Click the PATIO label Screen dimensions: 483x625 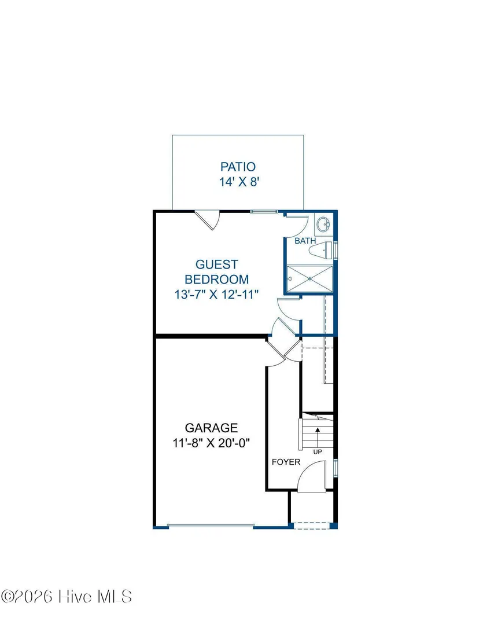238,167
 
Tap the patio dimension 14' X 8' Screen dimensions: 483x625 239,182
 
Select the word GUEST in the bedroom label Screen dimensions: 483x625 217,264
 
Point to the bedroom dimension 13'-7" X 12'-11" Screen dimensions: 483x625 216,295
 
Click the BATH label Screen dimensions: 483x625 305,241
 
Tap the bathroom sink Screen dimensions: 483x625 323,225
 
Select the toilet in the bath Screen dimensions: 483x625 320,250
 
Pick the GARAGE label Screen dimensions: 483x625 211,428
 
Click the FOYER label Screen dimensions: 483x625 286,462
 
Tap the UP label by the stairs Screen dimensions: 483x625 318,452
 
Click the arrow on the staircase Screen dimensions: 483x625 318,437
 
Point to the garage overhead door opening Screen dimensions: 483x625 211,526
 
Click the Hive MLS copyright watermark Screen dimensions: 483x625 67,597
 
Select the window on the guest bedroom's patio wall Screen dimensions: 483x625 264,212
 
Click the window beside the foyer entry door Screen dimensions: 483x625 335,468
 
